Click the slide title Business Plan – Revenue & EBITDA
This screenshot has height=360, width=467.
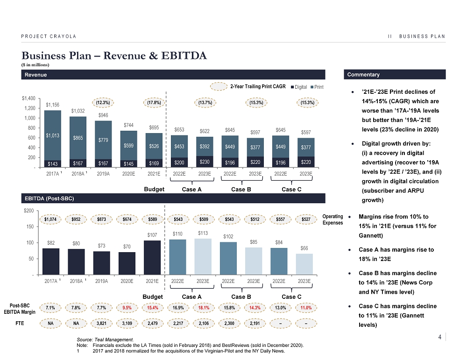(113, 56)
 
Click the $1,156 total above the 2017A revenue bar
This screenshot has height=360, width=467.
(53, 105)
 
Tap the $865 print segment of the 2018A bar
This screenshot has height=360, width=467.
(78, 138)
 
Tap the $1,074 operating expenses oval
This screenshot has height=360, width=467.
(53, 219)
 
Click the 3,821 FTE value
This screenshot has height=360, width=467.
(103, 323)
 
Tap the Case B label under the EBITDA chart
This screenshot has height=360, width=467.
(241, 296)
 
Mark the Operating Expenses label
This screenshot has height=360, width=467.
(333, 219)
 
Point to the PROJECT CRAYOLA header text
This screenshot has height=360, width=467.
(49, 36)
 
